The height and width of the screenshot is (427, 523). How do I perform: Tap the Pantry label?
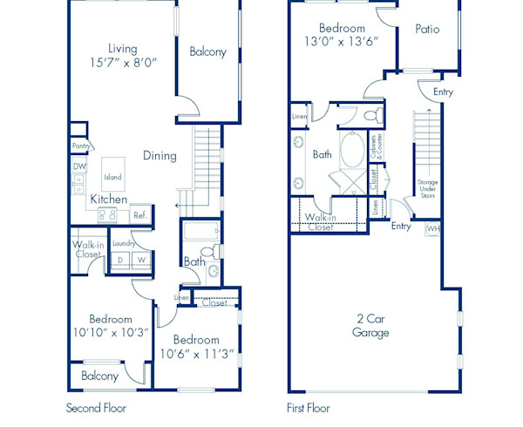coord(82,146)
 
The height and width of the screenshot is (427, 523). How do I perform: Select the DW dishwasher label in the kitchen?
coord(79,166)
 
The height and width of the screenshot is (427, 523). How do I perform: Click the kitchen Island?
coord(112,177)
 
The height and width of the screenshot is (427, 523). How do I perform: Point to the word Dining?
coord(160,156)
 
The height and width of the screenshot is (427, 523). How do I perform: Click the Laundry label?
coord(122,243)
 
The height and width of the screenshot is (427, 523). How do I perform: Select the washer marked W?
coord(141,259)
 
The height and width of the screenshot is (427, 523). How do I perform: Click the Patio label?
coord(427,29)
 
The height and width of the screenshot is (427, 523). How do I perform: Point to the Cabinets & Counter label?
coord(377,148)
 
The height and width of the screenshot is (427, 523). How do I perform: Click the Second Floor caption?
coord(96,407)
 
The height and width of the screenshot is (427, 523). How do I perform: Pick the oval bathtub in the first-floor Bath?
coord(353,150)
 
